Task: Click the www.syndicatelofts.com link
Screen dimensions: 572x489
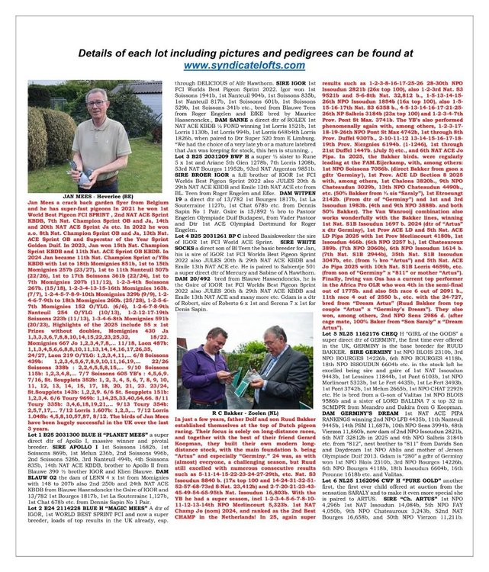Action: click(244, 66)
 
